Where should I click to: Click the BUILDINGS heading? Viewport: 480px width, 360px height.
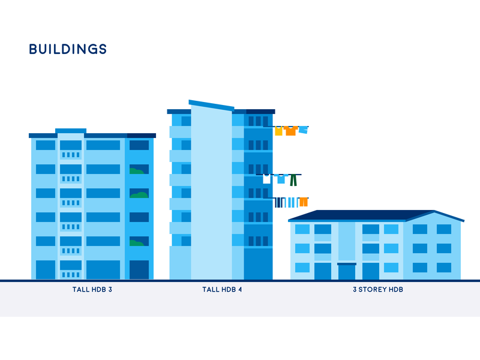[68, 49]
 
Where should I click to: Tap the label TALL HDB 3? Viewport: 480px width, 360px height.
[92, 289]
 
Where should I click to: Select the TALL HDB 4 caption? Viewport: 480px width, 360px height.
[222, 289]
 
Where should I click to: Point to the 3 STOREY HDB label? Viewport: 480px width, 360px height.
[378, 289]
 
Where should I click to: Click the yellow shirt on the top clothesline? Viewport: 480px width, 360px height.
[278, 131]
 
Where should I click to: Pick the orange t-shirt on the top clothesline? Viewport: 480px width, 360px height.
[290, 131]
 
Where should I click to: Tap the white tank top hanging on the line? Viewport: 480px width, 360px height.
[266, 179]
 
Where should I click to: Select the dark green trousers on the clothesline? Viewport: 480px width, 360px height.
[293, 180]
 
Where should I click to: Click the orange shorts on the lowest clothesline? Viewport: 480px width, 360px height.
[304, 202]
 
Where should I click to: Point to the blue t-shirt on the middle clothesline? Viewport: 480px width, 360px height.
[281, 179]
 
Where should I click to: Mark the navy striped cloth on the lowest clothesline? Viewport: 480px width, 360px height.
[280, 203]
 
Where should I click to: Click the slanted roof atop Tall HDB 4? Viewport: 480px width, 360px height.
[211, 106]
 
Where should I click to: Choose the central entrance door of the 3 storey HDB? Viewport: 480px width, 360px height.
[347, 271]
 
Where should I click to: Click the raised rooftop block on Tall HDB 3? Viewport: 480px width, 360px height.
[71, 131]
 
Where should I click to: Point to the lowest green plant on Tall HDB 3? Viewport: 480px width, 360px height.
[137, 243]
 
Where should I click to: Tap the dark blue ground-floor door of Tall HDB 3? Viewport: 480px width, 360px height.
[139, 269]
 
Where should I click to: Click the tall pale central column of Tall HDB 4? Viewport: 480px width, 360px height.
[211, 193]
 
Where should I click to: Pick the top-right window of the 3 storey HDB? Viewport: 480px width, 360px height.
[444, 229]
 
